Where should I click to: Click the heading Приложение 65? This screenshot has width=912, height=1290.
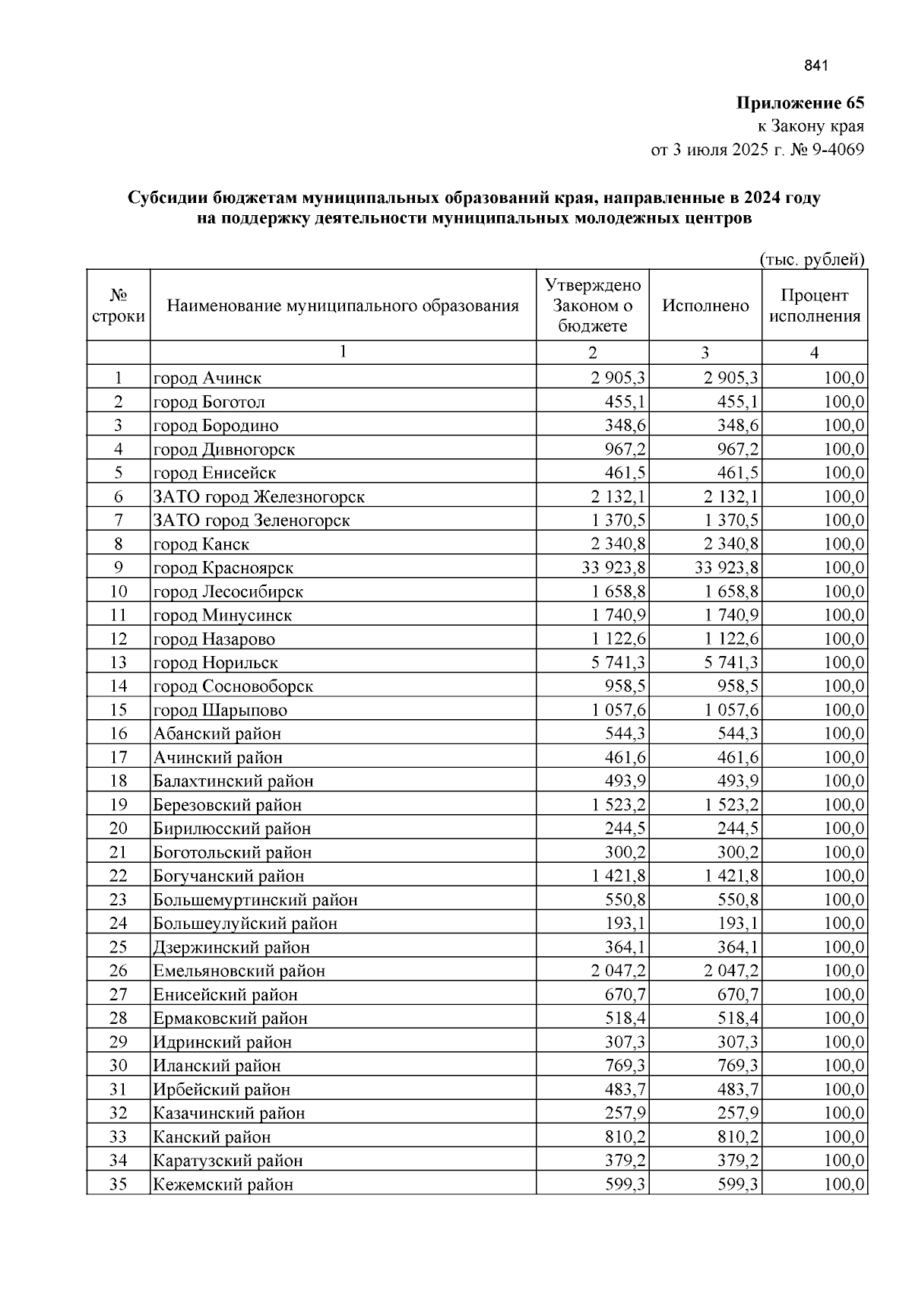coord(800,103)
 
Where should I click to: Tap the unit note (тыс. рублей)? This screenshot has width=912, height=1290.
coord(812,260)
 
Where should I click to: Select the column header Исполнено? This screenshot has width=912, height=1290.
coord(705,306)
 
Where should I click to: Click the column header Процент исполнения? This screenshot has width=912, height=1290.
coord(815,306)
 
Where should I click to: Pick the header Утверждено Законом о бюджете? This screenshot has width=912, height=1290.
coord(593,306)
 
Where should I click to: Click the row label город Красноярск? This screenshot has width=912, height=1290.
coord(223,568)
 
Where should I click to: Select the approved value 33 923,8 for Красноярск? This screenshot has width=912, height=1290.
coord(613,568)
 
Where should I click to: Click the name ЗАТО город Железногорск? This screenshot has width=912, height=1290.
coord(259,497)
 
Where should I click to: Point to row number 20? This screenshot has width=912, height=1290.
coord(118,829)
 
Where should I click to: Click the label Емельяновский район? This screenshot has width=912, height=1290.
coord(239,971)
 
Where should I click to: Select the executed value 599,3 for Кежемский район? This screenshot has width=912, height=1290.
coord(738,1184)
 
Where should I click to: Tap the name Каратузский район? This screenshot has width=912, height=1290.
coord(228,1161)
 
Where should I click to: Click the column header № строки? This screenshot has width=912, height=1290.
coord(118,306)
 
